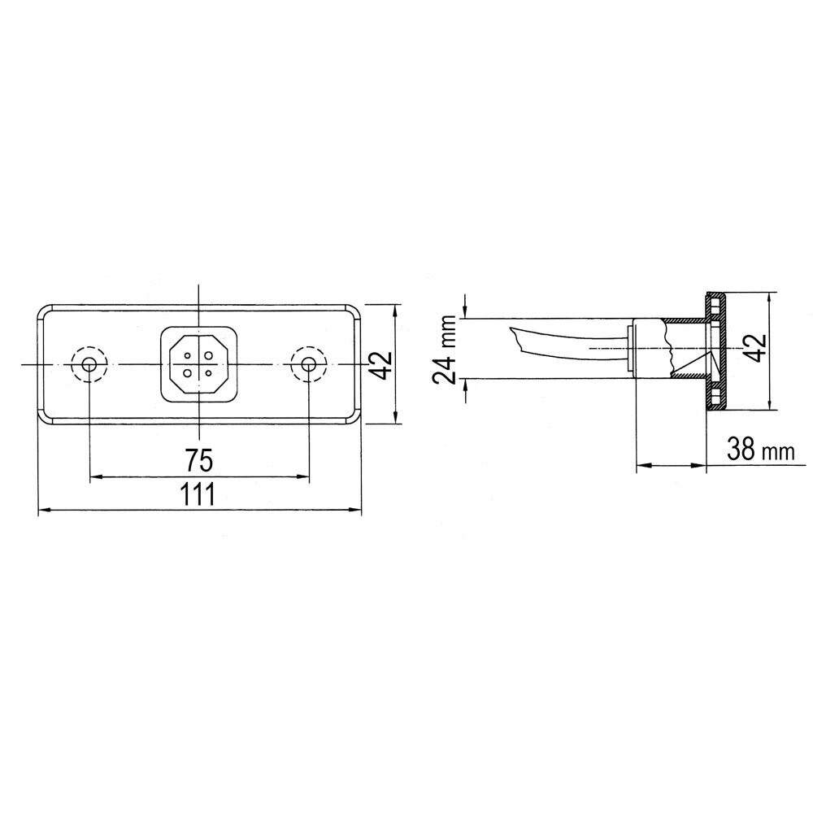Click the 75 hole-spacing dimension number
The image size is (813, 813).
tap(199, 461)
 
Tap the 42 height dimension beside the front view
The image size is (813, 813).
tap(381, 365)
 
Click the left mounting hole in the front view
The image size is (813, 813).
tap(88, 364)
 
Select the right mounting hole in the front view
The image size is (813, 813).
tap(309, 364)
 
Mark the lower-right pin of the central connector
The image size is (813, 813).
tap(209, 373)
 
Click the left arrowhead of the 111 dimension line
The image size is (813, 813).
tap(45, 511)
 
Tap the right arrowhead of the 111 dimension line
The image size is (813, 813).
tap(356, 511)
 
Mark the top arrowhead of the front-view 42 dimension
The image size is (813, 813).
tap(396, 310)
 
